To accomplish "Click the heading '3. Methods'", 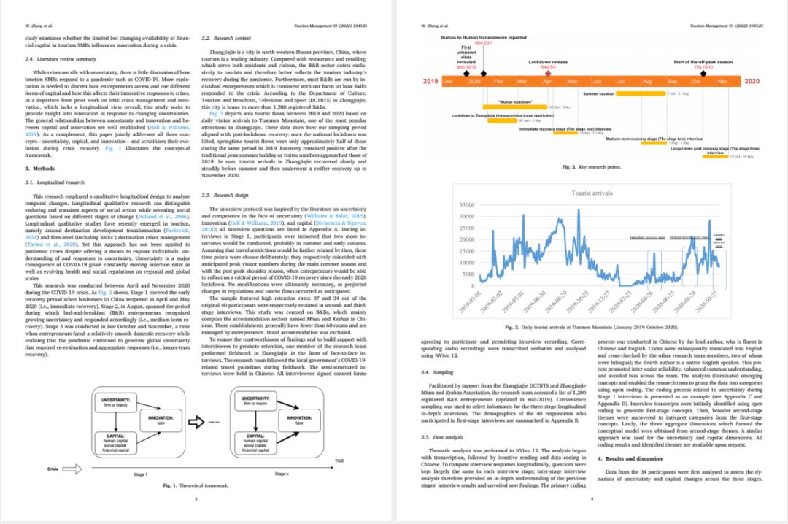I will click(x=38, y=169).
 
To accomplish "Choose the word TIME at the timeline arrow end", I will click(x=339, y=461).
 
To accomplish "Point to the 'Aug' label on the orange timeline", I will click(x=646, y=81).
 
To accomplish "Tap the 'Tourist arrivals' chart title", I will click(x=591, y=193).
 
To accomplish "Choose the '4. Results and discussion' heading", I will click(x=630, y=458).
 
